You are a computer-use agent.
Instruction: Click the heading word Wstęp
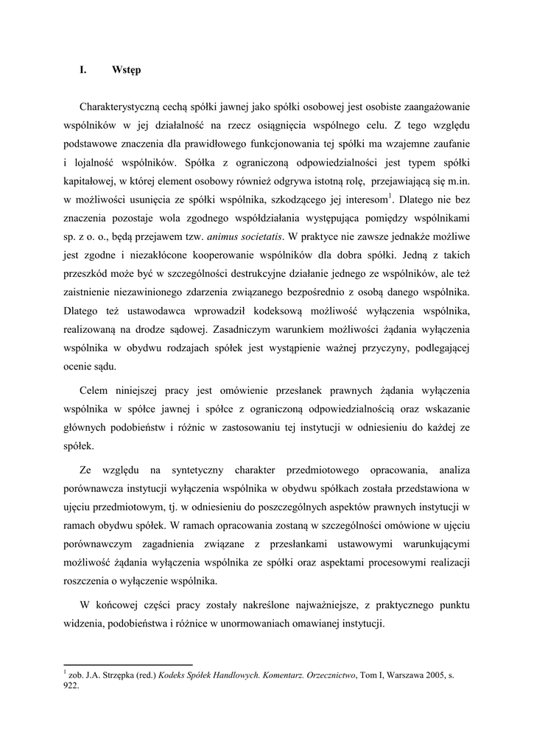point(127,71)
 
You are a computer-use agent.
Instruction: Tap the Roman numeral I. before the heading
point(83,71)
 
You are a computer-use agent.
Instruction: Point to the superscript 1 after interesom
point(390,195)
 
